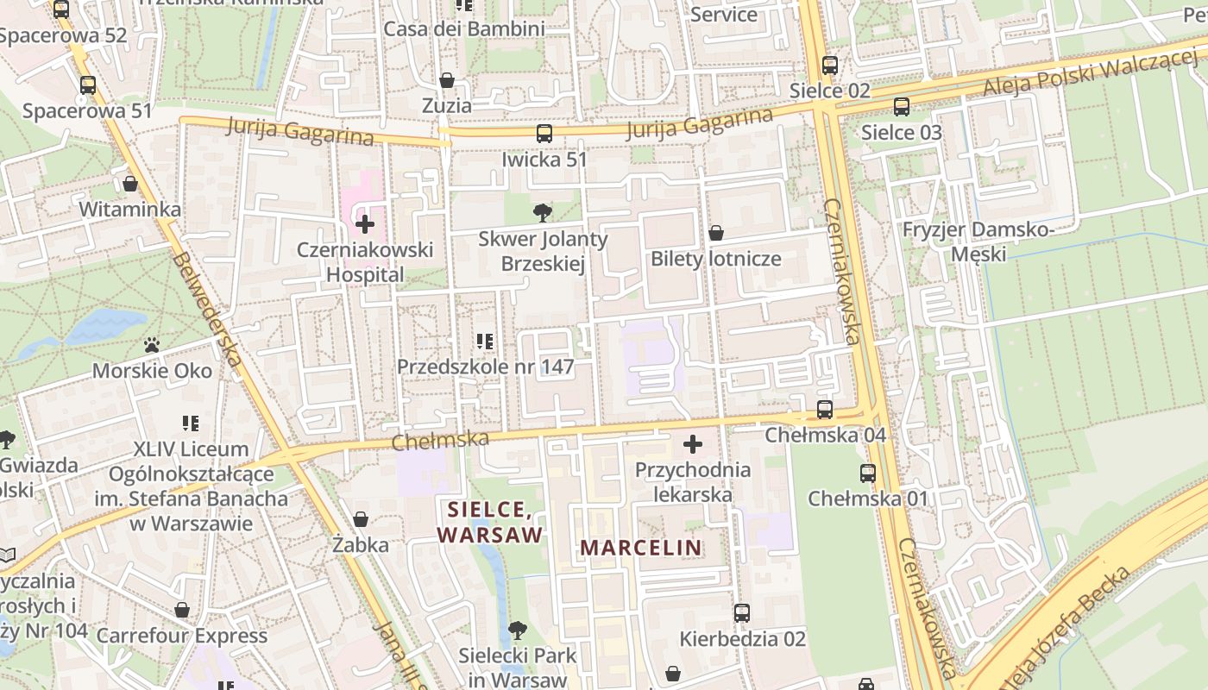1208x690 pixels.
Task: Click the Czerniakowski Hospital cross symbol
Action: pos(365,225)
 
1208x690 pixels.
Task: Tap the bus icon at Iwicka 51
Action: pos(544,134)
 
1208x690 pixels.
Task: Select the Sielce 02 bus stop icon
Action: pos(830,65)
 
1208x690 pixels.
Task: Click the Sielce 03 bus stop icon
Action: pos(902,107)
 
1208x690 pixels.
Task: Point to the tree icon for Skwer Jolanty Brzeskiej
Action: pos(543,211)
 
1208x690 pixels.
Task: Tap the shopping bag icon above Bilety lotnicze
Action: pos(715,233)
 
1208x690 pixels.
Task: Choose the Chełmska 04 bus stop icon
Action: pos(825,410)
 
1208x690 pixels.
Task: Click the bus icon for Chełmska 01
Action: pos(868,473)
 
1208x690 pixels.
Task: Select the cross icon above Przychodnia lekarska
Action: pos(693,444)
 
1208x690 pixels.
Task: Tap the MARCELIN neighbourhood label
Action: pos(641,548)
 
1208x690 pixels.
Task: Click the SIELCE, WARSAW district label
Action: pos(490,521)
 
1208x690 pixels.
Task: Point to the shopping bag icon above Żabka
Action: pos(361,519)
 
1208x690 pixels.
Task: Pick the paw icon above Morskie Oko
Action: pos(153,345)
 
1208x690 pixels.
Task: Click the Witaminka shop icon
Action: pos(130,184)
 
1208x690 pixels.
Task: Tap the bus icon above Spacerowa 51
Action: pos(88,85)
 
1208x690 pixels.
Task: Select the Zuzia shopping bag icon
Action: pos(447,81)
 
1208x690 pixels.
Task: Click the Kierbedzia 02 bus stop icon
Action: pos(742,613)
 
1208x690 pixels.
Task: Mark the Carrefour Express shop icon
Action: pos(182,611)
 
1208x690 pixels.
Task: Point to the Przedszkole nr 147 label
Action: pos(486,367)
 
